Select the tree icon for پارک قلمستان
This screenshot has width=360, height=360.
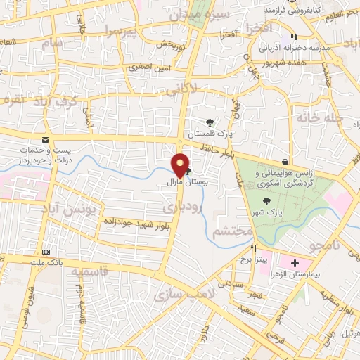pyautogui.click(x=210, y=122)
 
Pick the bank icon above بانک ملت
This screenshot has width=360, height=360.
pyautogui.click(x=47, y=252)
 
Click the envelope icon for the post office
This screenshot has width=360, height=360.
pyautogui.click(x=45, y=141)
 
